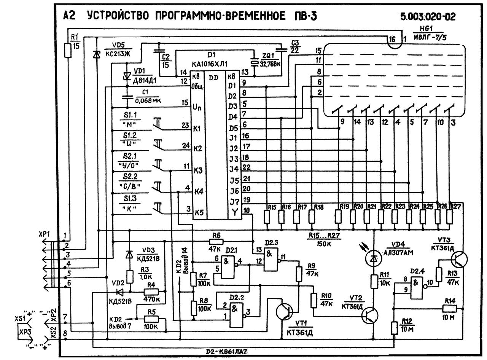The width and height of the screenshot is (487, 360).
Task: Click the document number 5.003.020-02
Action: [428, 17]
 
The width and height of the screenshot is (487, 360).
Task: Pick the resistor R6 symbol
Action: [217, 241]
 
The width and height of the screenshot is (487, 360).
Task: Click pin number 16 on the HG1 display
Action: [392, 39]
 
